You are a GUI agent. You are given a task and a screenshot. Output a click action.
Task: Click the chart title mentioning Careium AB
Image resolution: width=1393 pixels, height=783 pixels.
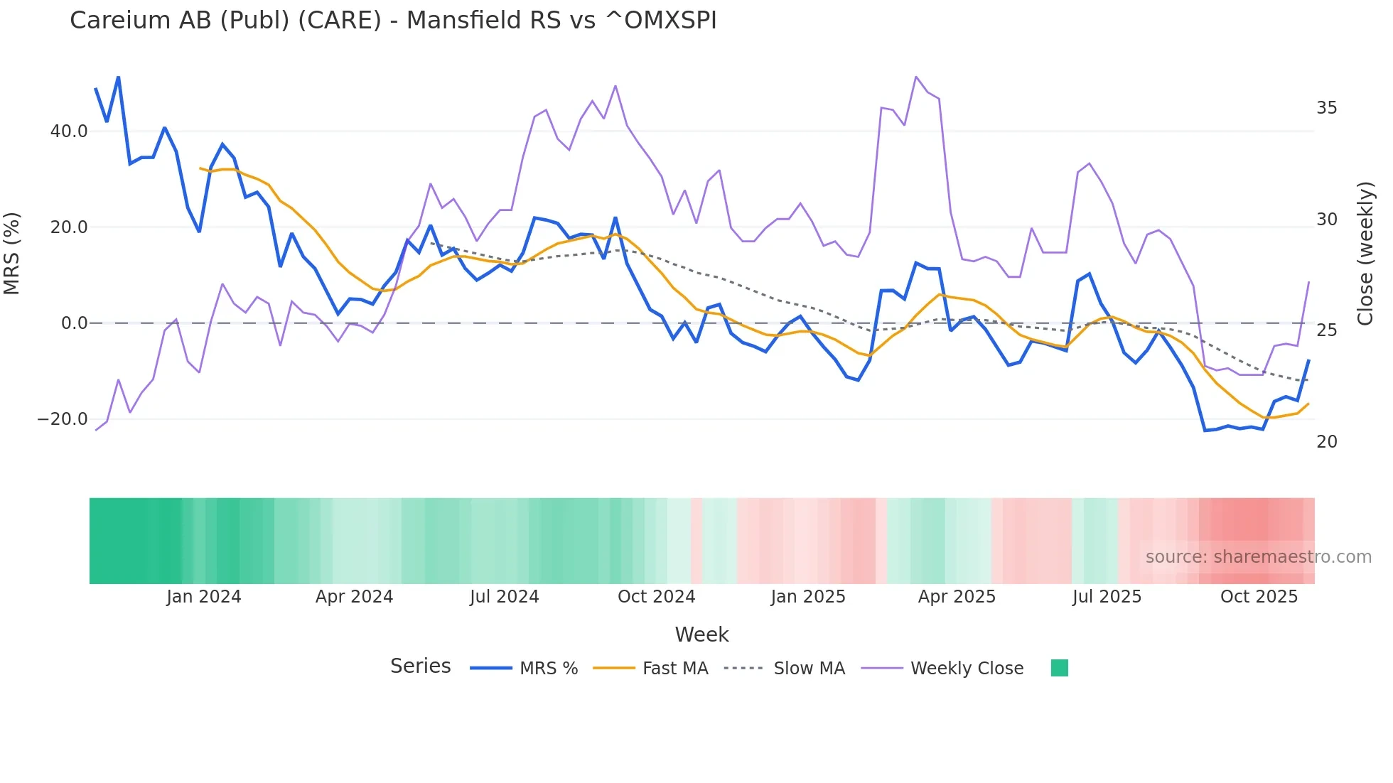(x=393, y=21)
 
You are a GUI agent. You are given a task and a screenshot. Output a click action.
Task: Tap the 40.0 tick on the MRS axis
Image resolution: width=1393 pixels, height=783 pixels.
(x=69, y=131)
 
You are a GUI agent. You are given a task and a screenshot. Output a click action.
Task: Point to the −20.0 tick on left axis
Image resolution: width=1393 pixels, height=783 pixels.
(x=63, y=419)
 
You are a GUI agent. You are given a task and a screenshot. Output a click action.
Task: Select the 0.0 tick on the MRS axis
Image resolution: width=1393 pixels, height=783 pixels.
(x=74, y=323)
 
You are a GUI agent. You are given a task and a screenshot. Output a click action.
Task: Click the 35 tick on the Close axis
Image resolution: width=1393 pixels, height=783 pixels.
(x=1326, y=108)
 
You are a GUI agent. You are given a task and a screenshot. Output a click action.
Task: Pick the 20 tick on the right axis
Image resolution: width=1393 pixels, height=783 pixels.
(x=1326, y=442)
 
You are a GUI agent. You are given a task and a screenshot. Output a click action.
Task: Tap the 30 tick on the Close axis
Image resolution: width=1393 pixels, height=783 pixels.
(x=1326, y=220)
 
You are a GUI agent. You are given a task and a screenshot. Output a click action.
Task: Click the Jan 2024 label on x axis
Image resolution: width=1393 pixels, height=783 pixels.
(x=204, y=597)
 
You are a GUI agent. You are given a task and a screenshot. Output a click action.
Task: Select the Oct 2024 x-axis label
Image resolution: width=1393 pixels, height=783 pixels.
(x=656, y=597)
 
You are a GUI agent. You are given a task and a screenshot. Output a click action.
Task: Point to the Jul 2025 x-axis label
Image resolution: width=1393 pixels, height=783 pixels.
(x=1107, y=597)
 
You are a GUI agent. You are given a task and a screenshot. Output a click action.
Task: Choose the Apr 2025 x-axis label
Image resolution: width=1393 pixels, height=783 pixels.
(x=957, y=597)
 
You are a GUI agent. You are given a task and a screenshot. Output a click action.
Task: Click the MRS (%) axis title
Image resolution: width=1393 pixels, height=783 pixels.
(x=12, y=254)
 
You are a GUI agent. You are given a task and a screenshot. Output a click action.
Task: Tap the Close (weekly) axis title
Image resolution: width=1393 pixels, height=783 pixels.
(x=1365, y=254)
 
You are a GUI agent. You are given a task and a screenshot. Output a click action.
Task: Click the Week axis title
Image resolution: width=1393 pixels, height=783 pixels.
(x=701, y=634)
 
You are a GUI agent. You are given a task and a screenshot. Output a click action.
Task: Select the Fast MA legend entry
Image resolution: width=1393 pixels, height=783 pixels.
(x=674, y=669)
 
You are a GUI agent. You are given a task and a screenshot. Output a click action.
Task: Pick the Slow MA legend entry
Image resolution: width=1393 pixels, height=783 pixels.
(x=809, y=669)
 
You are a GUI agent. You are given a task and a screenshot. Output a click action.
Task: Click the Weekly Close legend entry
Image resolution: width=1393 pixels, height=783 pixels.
(x=967, y=669)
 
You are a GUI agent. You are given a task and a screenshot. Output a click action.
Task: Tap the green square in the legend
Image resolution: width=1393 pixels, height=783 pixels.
(x=1059, y=668)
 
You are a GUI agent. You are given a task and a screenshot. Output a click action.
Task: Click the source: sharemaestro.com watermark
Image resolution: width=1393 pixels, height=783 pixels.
(x=1258, y=557)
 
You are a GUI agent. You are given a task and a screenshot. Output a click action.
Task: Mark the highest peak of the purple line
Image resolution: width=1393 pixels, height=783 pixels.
(x=916, y=77)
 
